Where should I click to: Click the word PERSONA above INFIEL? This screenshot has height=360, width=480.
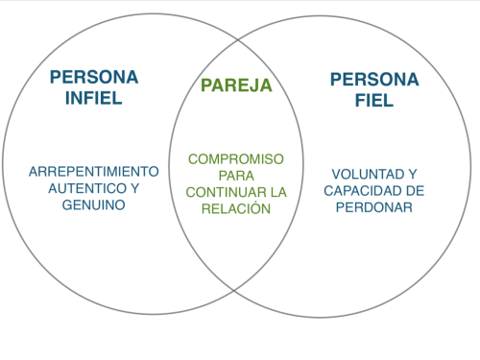click(x=93, y=77)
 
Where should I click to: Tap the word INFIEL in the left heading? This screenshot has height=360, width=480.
click(x=93, y=98)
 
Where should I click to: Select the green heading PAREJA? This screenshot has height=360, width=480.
click(x=237, y=85)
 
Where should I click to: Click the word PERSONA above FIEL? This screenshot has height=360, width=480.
click(x=373, y=79)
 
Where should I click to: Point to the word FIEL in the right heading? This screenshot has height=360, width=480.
click(x=373, y=100)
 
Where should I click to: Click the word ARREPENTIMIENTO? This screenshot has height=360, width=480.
click(x=93, y=171)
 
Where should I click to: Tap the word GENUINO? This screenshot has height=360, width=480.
click(x=93, y=205)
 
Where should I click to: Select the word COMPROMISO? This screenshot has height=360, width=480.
click(x=236, y=159)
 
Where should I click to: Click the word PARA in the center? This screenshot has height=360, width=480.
click(x=236, y=176)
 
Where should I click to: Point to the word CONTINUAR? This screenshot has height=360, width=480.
click(x=219, y=192)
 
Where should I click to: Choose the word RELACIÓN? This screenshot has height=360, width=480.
click(x=237, y=208)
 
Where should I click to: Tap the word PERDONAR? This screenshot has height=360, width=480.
click(x=373, y=207)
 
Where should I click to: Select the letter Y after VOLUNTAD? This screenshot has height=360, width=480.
click(x=411, y=174)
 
